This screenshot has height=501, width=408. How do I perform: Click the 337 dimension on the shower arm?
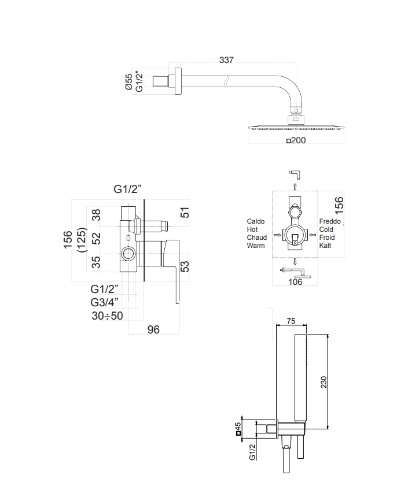pyautogui.click(x=226, y=60)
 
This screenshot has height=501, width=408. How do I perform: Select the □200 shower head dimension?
pyautogui.click(x=296, y=139)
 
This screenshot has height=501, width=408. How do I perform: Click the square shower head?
pyautogui.click(x=296, y=125)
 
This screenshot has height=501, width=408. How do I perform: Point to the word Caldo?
pyautogui.click(x=256, y=221)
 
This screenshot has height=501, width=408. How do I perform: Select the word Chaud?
pyautogui.click(x=256, y=237)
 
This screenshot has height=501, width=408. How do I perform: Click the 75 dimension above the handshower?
pyautogui.click(x=291, y=322)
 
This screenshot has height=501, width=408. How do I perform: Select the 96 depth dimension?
pyautogui.click(x=153, y=329)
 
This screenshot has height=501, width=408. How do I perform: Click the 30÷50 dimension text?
pyautogui.click(x=107, y=316)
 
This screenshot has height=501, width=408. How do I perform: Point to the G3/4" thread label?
pyautogui.click(x=105, y=302)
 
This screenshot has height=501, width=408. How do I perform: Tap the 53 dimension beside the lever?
pyautogui.click(x=185, y=266)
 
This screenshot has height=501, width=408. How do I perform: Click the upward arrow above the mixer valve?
pyautogui.click(x=295, y=187)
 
